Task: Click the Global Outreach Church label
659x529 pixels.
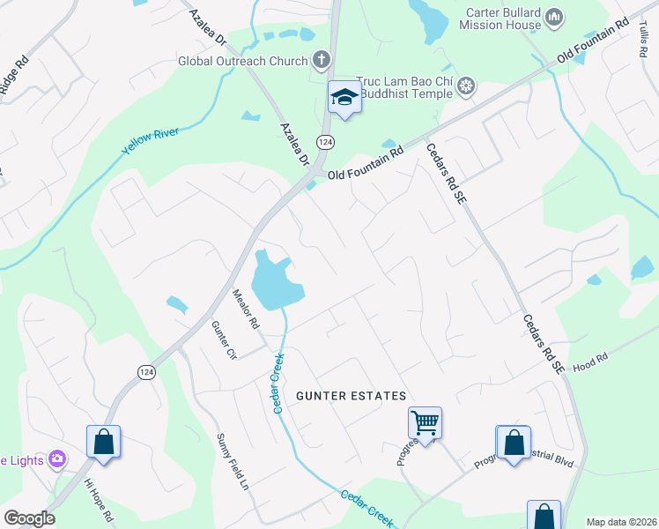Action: [242, 61]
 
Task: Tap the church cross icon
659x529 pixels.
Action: [322, 60]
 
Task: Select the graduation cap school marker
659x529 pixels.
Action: [344, 98]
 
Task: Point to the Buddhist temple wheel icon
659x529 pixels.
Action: [465, 86]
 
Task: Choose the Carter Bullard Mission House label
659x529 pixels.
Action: [500, 19]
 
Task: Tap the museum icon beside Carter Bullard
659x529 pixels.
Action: [554, 17]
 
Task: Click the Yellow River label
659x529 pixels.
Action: [151, 141]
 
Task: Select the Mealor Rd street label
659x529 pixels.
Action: [246, 309]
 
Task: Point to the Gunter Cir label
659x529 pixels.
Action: [225, 339]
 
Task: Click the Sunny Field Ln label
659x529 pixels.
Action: [234, 462]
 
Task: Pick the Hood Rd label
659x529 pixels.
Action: [590, 362]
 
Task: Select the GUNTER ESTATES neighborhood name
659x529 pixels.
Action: [351, 396]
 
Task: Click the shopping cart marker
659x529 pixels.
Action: [425, 423]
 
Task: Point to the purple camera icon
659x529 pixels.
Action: [57, 458]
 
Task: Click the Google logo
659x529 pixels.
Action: [29, 518]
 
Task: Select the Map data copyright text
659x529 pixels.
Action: [620, 522]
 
